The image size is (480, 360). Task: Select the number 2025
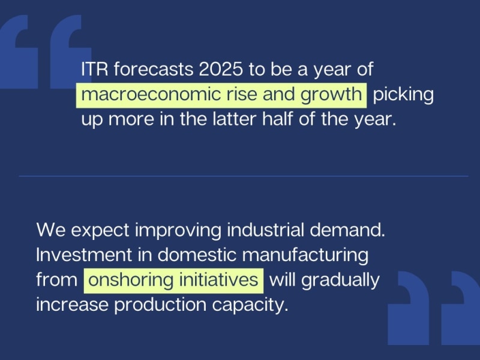point(221,69)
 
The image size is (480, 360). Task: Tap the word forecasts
point(154,69)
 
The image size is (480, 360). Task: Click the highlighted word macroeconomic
point(151,94)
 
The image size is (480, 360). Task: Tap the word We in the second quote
point(51,230)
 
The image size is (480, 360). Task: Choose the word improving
point(178,231)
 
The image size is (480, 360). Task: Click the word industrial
point(265,230)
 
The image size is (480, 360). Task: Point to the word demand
point(347,230)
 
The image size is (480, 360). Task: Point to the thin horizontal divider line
point(244,176)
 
